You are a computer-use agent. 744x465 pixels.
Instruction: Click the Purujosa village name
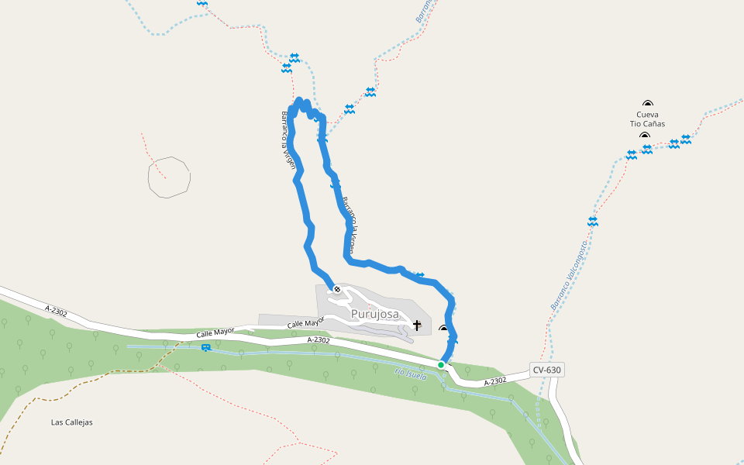point(374,314)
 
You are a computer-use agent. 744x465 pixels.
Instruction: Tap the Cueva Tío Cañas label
point(647,119)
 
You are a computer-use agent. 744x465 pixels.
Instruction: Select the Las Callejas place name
point(71,422)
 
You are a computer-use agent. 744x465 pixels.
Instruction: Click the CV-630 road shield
point(546,370)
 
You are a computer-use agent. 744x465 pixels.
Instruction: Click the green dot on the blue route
point(441,364)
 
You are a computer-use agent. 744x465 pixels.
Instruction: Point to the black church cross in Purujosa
point(417,325)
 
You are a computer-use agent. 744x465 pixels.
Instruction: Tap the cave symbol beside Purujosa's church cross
point(443,329)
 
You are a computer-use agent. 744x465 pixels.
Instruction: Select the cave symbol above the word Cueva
point(648,103)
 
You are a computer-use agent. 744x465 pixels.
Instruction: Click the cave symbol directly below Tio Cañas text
point(645,136)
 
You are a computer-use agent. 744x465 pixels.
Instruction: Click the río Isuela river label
point(411,375)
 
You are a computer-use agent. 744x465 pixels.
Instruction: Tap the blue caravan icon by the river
point(205,347)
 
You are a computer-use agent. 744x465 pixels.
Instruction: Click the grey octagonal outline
point(169,177)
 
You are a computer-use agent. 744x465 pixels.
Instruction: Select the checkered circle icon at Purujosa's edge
point(337,289)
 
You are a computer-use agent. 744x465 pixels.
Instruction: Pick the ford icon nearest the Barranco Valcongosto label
point(593,221)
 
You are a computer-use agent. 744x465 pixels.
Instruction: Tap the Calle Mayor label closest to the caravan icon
point(215,333)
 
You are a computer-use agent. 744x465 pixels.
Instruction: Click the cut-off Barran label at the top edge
point(422,10)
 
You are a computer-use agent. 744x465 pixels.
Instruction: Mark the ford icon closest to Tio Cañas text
point(647,149)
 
